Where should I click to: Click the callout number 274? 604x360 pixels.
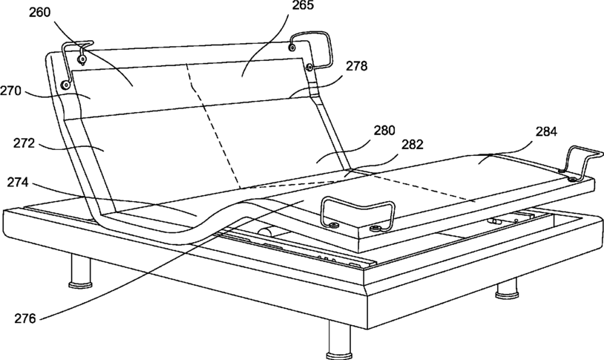22,181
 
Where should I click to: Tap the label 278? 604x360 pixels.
355,66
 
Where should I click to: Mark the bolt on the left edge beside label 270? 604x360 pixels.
65,85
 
